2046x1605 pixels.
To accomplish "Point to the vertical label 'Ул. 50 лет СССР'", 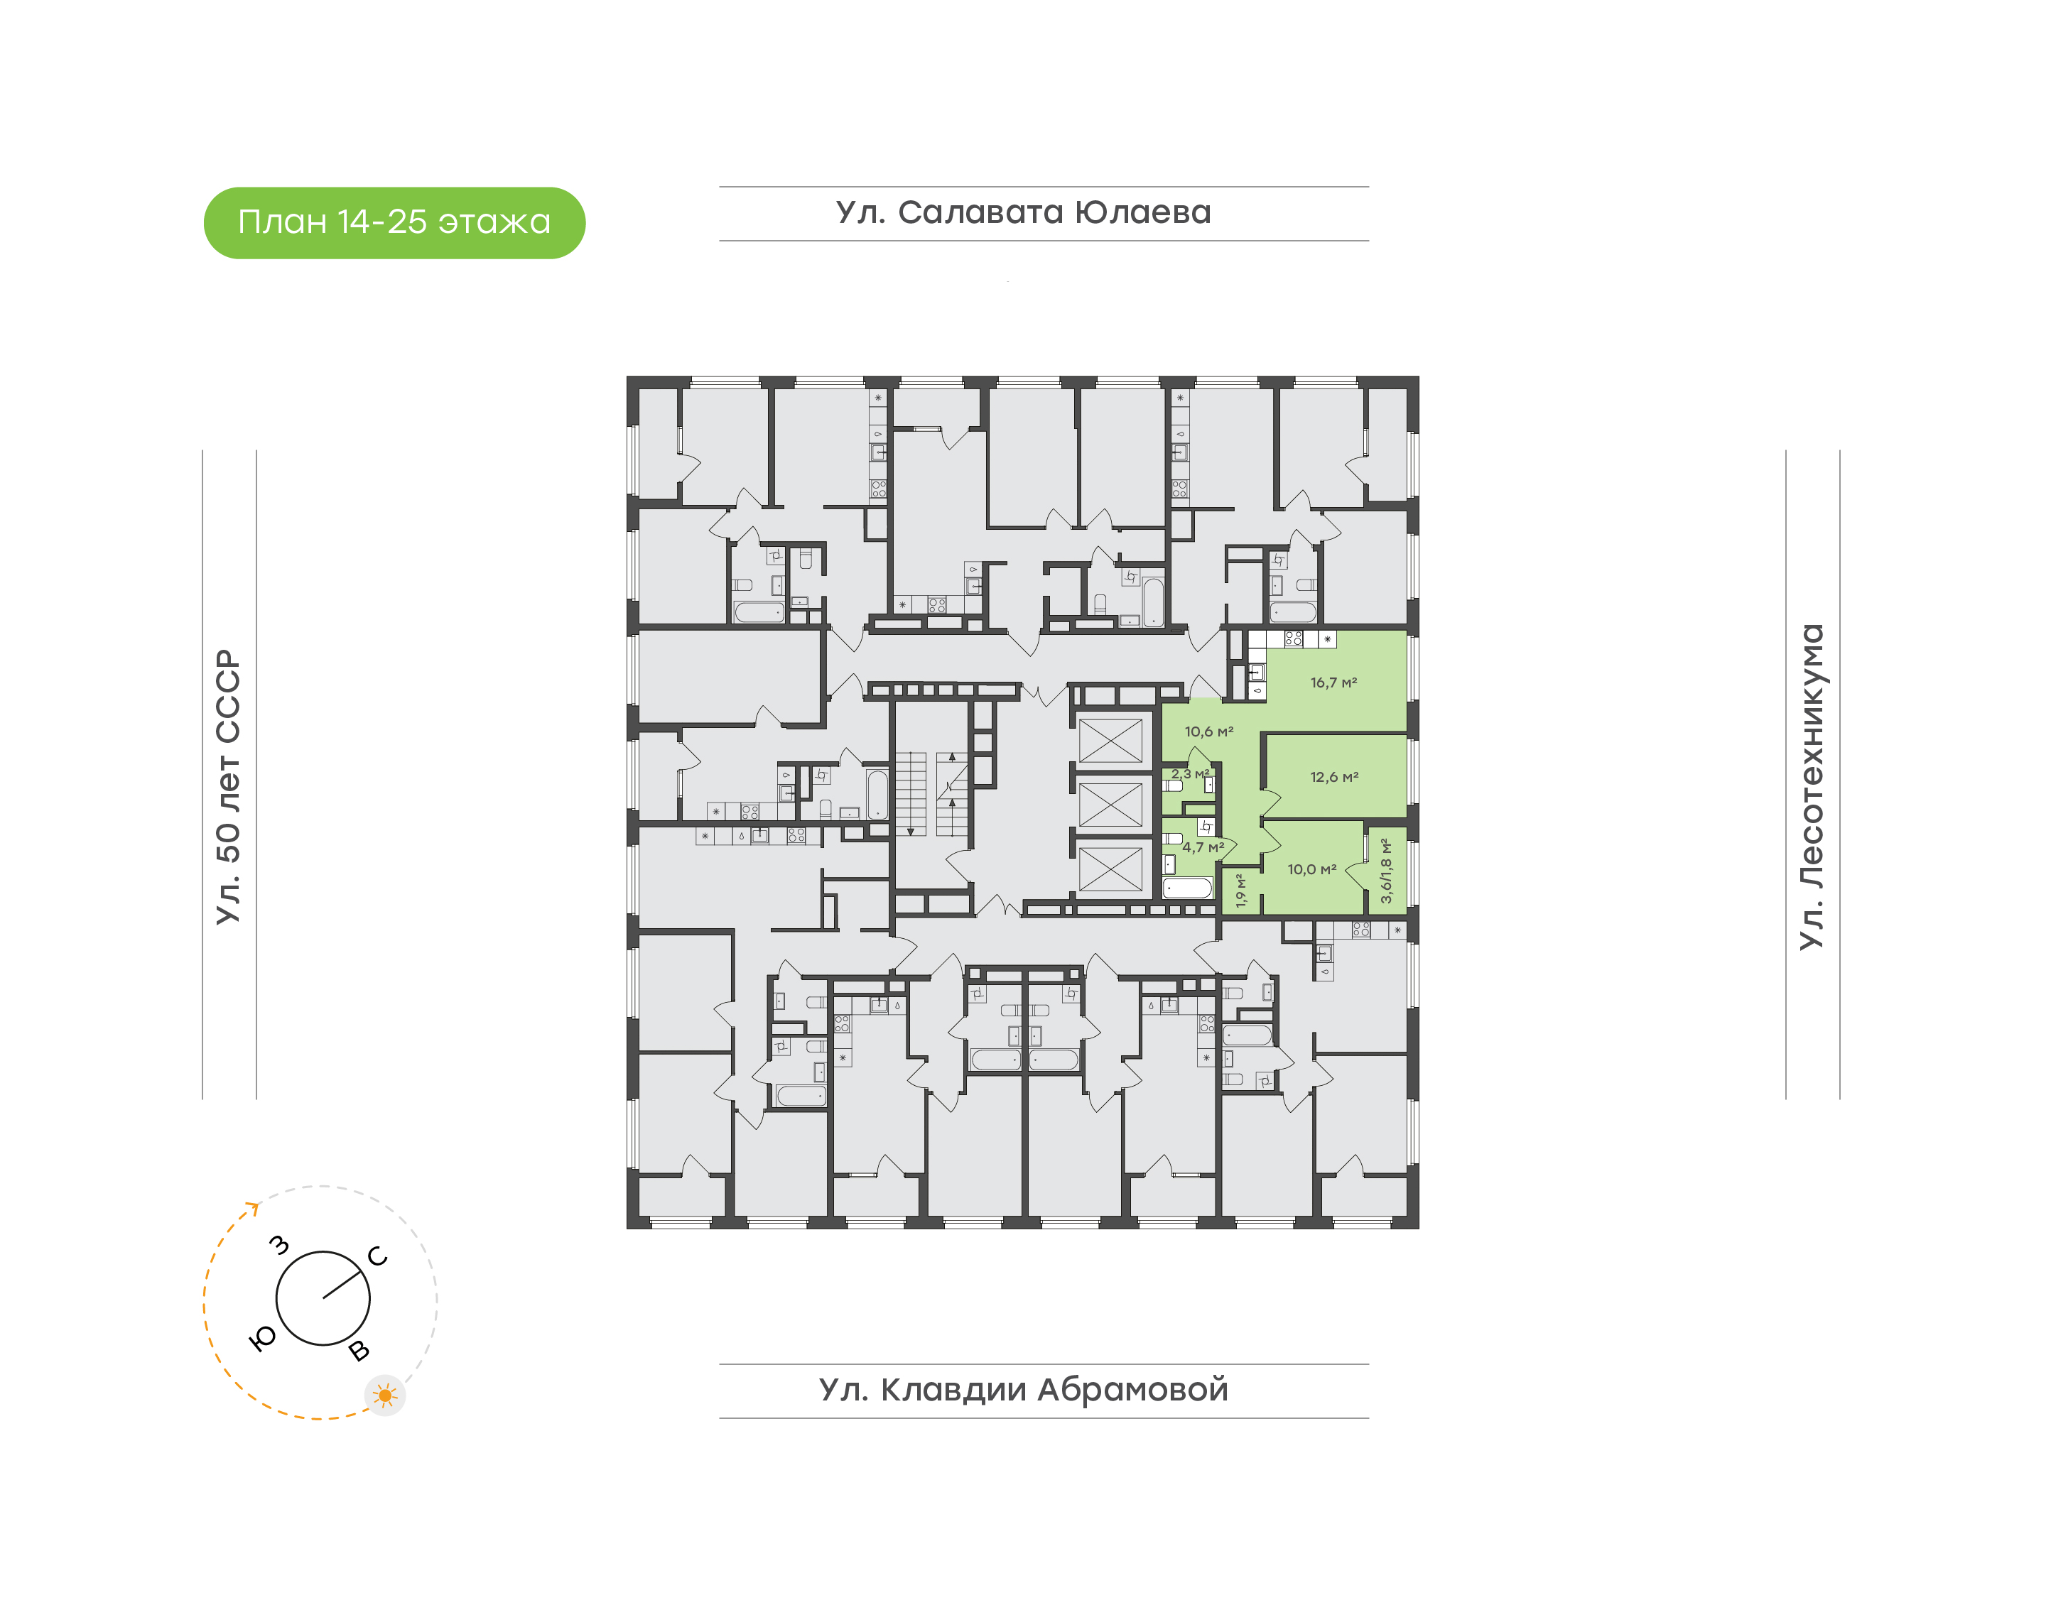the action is coord(228,787).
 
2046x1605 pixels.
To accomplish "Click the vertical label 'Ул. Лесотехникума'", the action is coord(1811,787).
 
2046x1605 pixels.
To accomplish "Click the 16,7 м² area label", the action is coord(1333,682).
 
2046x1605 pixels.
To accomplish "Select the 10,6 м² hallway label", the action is coord(1208,731).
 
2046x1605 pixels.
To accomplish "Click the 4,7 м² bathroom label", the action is coord(1203,847).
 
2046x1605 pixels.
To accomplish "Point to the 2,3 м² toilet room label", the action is coord(1190,773).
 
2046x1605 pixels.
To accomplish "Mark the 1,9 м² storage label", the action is coord(1240,890).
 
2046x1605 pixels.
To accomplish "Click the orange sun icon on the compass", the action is coord(384,1395).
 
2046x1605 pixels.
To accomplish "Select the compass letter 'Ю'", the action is coord(262,1339).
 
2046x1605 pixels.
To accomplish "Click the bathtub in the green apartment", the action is coord(1187,887).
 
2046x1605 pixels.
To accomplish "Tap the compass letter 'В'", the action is coord(359,1351).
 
